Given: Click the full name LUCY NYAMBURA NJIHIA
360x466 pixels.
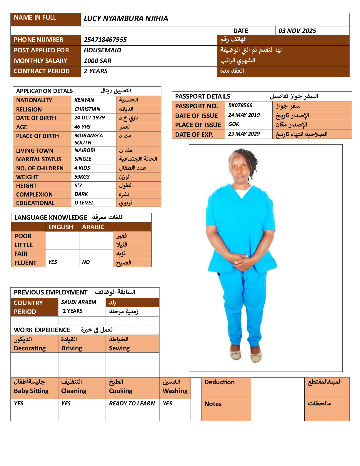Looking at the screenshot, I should pyautogui.click(x=126, y=19).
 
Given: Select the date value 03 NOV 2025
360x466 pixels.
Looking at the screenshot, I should pyautogui.click(x=297, y=31).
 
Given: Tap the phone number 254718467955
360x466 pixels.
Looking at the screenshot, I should pyautogui.click(x=105, y=40).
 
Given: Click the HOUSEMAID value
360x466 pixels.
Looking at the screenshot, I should pyautogui.click(x=102, y=50).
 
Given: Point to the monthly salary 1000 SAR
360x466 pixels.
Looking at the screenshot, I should pyautogui.click(x=98, y=61).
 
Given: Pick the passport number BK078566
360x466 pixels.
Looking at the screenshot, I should pyautogui.click(x=240, y=105).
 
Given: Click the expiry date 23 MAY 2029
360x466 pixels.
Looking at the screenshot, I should pyautogui.click(x=244, y=134).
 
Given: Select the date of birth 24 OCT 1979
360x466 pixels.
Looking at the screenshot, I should pyautogui.click(x=89, y=118).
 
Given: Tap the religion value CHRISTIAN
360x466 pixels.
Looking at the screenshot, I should pyautogui.click(x=87, y=109).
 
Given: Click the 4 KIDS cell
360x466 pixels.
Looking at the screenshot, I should pyautogui.click(x=82, y=168).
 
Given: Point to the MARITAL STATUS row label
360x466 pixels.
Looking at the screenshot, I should pyautogui.click(x=39, y=159).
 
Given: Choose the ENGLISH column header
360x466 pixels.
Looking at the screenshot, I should pyautogui.click(x=61, y=227).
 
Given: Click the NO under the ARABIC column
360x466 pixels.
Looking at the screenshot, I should pyautogui.click(x=86, y=262).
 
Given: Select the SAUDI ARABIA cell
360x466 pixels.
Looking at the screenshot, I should pyautogui.click(x=79, y=302).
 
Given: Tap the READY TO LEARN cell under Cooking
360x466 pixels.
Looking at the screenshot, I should pyautogui.click(x=132, y=403).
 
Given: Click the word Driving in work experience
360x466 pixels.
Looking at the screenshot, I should pyautogui.click(x=72, y=348).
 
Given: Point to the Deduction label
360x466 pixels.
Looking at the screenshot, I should pyautogui.click(x=219, y=382).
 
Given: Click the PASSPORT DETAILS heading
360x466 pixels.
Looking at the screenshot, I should pyautogui.click(x=203, y=96).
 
